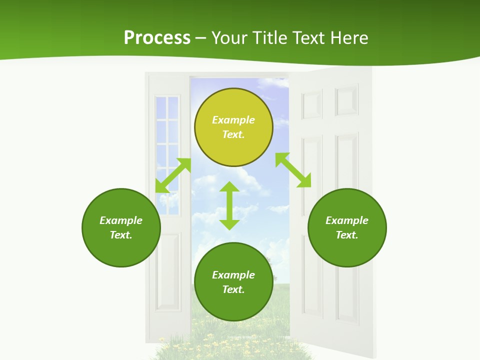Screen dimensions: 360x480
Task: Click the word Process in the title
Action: [x=157, y=38]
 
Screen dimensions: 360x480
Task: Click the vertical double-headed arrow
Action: [x=229, y=205]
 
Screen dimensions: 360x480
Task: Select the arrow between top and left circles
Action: [x=173, y=175]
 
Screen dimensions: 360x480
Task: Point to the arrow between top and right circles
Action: [x=293, y=170]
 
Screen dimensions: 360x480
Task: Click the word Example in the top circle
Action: [x=233, y=120]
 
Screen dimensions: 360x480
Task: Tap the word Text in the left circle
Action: [x=121, y=235]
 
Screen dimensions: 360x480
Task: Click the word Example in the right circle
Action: [x=347, y=220]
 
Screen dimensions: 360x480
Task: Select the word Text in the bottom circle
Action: [x=233, y=289]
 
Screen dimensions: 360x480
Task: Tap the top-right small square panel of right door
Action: [x=346, y=100]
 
